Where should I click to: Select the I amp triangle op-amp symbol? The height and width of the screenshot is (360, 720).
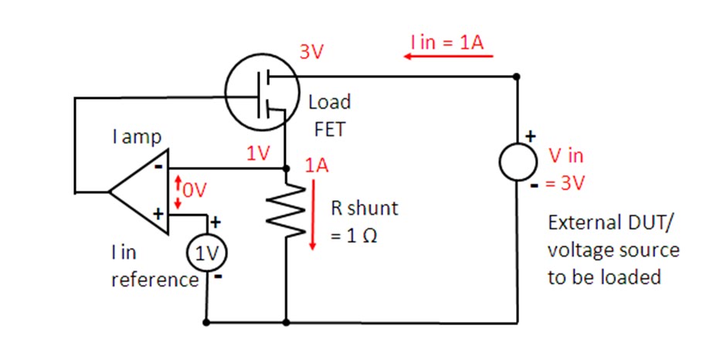coord(139,191)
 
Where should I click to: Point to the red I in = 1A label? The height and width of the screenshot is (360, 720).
coord(448,42)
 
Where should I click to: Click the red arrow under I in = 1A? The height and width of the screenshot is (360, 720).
coord(448,56)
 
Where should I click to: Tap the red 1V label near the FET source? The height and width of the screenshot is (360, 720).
coord(258,154)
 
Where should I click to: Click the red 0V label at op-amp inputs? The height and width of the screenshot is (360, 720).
coord(193,190)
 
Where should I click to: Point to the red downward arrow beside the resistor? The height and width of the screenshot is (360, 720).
coord(313,215)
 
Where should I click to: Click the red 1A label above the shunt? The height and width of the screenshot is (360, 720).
coord(317,166)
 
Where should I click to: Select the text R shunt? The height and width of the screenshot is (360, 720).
coord(365,209)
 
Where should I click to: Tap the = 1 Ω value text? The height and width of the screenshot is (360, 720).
coord(354,237)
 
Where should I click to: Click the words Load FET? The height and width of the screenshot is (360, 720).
coord(329,115)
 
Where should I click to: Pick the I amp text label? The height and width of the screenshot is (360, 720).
coord(137,138)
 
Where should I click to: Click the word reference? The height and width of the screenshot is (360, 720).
coord(155,279)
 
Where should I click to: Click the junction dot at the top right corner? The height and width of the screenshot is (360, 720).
coord(517,76)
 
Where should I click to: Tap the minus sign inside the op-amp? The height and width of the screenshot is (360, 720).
coord(158,167)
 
